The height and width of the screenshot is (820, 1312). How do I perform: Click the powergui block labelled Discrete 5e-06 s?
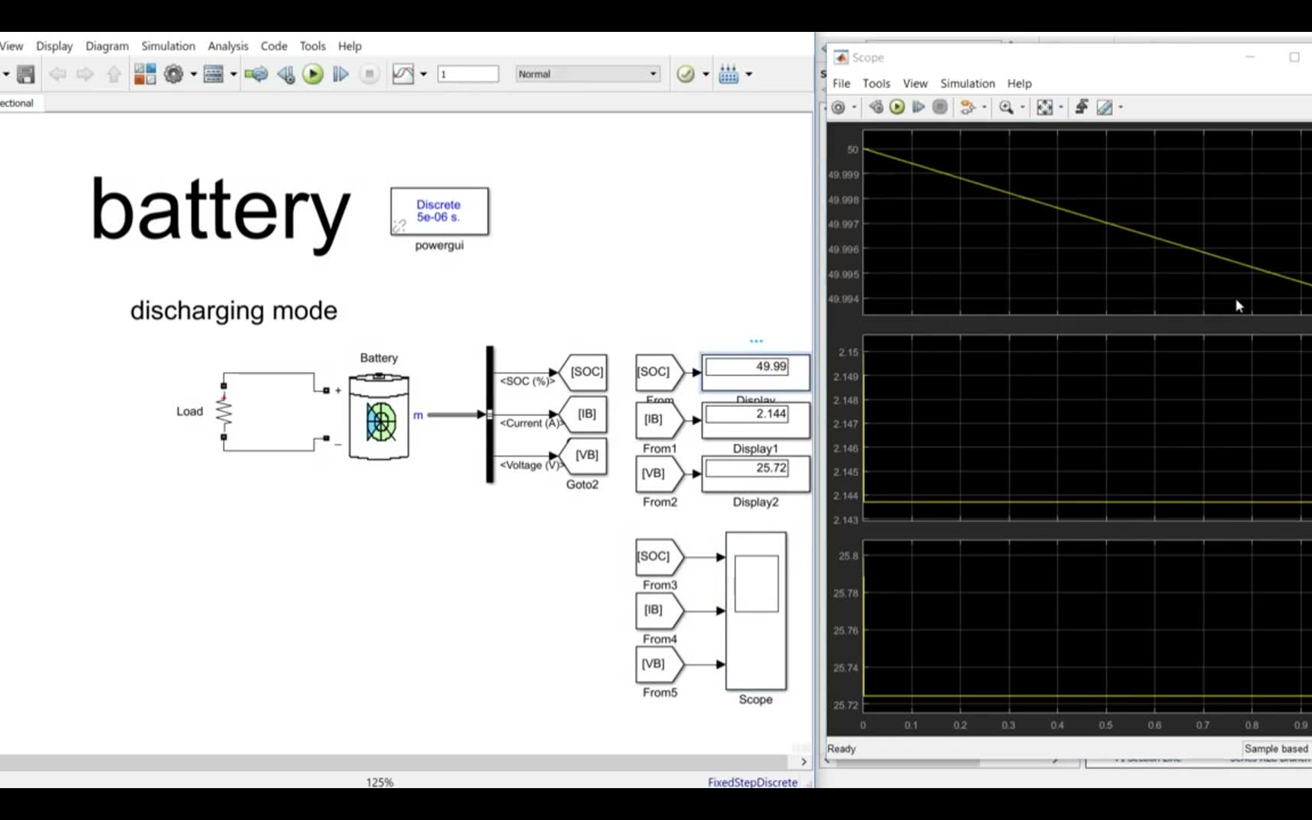439,211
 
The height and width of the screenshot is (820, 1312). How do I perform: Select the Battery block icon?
379,417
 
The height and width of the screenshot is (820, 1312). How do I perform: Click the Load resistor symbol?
223,412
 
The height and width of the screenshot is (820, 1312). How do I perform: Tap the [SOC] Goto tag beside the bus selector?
585,372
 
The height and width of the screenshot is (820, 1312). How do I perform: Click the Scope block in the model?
755,610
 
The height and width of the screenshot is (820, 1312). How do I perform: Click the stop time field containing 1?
468,74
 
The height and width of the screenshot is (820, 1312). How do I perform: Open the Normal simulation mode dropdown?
587,74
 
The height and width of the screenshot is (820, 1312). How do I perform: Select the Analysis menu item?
228,46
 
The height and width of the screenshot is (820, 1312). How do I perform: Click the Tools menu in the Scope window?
875,84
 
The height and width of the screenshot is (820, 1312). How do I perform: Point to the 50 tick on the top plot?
853,150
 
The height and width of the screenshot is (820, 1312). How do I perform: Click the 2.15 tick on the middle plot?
848,352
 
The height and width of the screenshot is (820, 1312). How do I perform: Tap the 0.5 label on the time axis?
1105,725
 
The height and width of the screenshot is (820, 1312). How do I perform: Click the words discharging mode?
233,311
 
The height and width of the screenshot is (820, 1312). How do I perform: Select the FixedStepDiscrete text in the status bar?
752,782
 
